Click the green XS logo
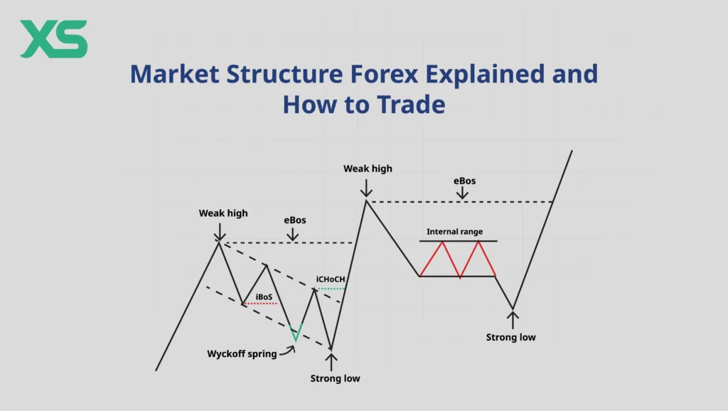point(54,39)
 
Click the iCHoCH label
point(331,279)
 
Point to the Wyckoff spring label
point(242,353)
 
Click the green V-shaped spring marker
point(295,332)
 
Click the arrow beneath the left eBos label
point(294,233)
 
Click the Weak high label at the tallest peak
point(368,169)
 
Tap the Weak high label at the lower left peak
point(223,213)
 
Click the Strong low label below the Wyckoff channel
point(335,378)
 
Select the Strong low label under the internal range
point(510,337)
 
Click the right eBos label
point(464,181)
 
